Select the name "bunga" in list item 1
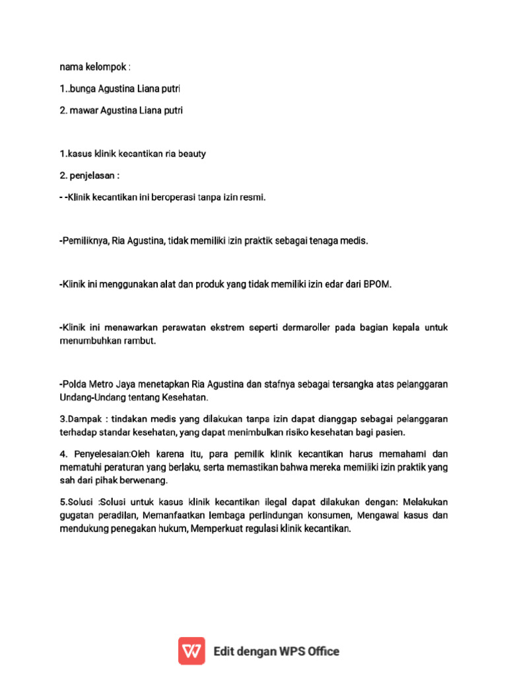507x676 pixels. point(83,88)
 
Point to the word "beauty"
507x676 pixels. point(191,154)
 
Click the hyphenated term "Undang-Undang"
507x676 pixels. point(89,398)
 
